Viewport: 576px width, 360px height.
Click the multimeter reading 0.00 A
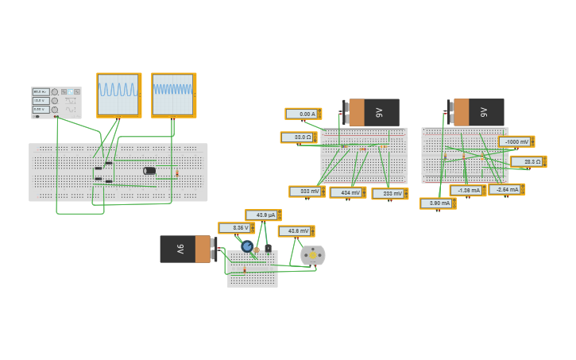303,114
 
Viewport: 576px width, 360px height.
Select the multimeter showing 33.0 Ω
298,137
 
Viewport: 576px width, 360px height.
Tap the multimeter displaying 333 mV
307,192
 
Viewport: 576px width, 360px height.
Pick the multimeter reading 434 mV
347,192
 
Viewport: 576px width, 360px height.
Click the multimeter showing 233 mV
389,193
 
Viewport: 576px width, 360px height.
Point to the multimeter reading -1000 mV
516,141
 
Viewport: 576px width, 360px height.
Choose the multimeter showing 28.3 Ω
528,161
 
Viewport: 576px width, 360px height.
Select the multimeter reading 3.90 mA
437,203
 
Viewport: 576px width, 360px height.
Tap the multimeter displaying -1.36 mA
467,191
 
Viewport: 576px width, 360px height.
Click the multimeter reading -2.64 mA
506,190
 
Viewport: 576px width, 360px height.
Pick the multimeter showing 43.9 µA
262,215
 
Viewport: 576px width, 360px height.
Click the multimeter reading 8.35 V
236,228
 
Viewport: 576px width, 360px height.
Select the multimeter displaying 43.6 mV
296,231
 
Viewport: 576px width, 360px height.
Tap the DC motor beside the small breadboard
313,255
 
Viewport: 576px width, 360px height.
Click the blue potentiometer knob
247,246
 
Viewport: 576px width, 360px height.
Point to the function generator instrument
56,103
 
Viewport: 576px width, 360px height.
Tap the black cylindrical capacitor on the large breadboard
149,171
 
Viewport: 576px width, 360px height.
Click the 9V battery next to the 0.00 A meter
372,113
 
